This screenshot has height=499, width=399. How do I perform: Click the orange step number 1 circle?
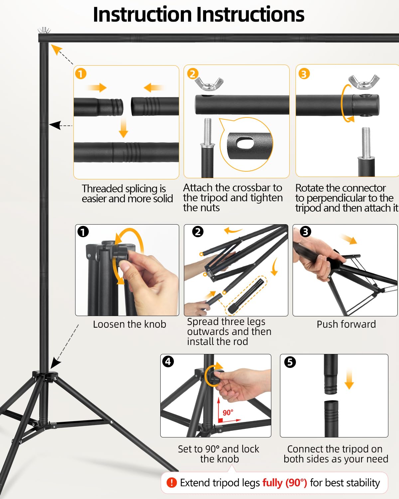coord(81,74)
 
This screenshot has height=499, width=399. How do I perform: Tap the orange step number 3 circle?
coord(304,74)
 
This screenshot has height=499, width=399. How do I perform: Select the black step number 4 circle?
coord(168,361)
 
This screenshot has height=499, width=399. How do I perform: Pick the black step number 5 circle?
coord(290,362)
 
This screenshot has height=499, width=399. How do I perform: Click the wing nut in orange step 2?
coord(209,83)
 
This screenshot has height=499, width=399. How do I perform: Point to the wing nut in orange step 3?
coord(364,82)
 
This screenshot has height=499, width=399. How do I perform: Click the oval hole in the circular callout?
coord(245,143)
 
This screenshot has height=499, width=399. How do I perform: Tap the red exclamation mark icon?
coord(172,483)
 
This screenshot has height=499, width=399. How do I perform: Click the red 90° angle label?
coord(228,413)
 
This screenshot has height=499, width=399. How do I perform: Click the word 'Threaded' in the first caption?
coord(102,189)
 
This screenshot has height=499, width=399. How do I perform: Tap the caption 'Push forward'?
coord(346,324)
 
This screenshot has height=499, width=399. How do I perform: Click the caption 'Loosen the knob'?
coord(130,324)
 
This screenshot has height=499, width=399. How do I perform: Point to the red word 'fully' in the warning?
coord(273,483)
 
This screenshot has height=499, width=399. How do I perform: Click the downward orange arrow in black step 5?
coord(349,379)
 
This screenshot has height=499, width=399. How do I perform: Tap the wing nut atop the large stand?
coord(44,30)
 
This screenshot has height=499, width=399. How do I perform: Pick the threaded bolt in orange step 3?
coord(366,143)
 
